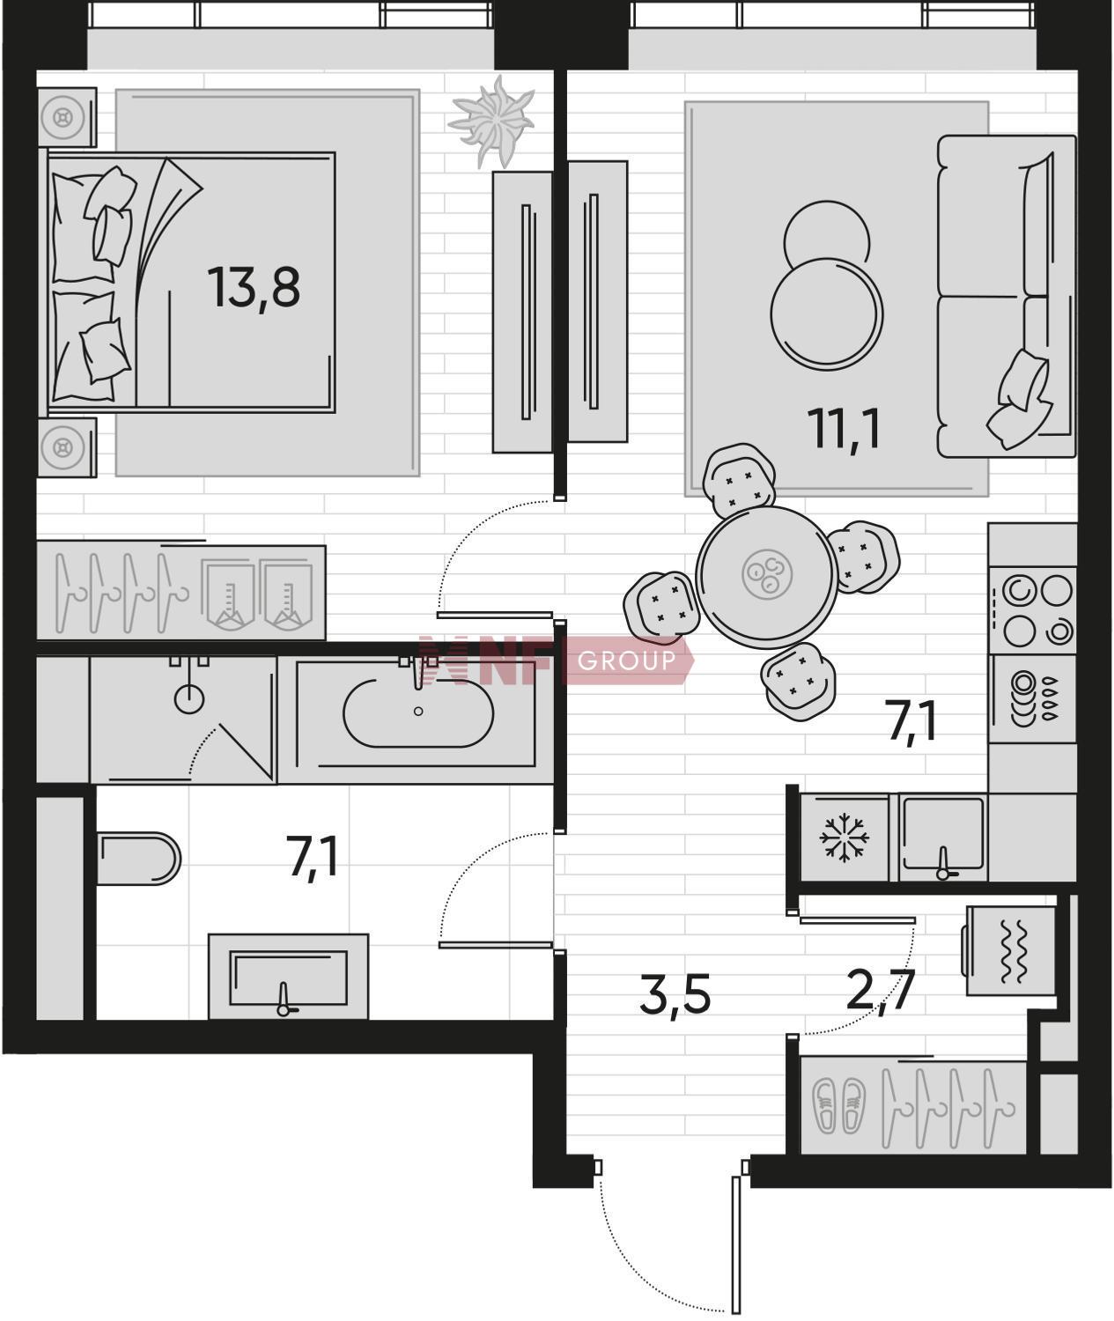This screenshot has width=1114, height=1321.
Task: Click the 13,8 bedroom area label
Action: coord(254,289)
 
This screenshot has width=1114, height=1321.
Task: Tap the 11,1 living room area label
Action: coord(844,430)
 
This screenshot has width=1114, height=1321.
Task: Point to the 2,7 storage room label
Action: coord(881,992)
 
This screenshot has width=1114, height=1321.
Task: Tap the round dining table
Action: coord(767,575)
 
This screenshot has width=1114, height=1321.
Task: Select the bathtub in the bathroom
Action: coord(417,713)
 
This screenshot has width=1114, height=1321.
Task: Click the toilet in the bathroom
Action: coord(139,858)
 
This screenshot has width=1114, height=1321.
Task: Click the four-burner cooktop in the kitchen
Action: coord(1032,610)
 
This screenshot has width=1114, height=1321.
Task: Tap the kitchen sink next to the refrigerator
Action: coord(943,838)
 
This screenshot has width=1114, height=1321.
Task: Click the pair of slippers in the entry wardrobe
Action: coord(839,1106)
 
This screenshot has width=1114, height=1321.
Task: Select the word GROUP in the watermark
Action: coord(627,661)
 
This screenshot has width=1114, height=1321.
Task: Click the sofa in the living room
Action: coord(1007,296)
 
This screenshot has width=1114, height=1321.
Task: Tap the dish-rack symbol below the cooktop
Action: coord(1032,698)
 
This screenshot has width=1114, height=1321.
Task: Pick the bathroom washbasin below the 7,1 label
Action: coord(288,977)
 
